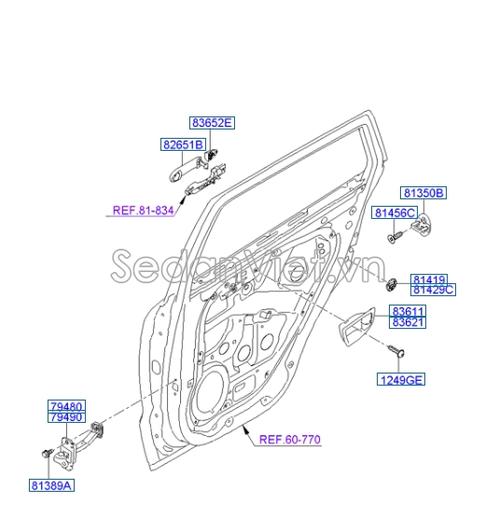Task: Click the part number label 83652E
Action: point(213,123)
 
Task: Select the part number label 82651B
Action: point(184,144)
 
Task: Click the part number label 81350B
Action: point(424,194)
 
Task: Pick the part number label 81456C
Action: point(395,213)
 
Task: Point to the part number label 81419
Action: point(430,279)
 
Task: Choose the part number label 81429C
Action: point(433,290)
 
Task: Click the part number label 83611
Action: point(409,311)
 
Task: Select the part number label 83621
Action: point(409,322)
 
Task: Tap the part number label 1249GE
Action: point(400,379)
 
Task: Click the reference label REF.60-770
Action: point(290,440)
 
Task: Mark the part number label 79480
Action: point(65,406)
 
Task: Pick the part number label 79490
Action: point(65,417)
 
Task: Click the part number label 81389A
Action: point(51,485)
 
